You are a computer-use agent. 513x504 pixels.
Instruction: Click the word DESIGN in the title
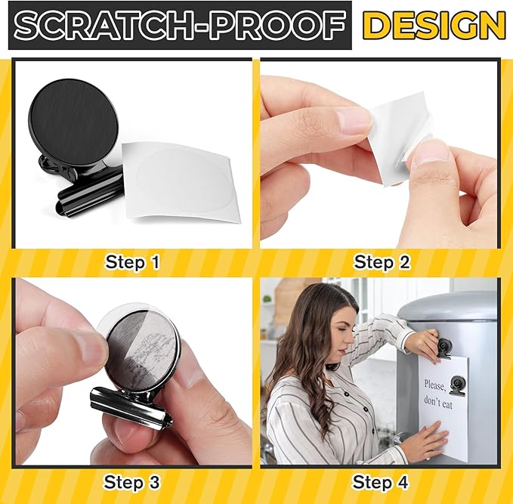[x=433, y=26]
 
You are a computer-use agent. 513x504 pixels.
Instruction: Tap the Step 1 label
[x=132, y=262]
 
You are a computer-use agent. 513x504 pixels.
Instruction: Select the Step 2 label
[x=382, y=262]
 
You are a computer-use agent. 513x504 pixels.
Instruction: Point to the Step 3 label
[x=132, y=481]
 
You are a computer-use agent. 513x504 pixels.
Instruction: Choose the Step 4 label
[x=382, y=481]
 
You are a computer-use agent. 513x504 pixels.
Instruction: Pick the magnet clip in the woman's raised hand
[x=443, y=347]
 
